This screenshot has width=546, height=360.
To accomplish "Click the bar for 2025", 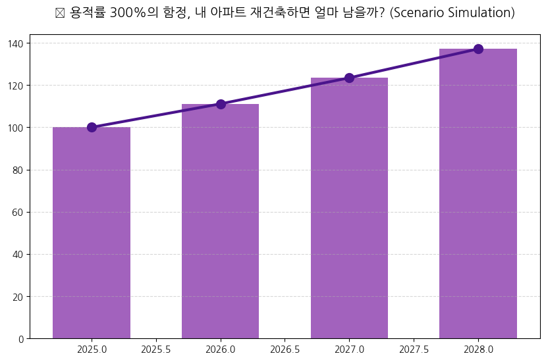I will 92,233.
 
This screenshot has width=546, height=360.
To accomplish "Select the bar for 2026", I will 221,221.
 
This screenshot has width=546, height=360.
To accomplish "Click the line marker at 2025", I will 92,127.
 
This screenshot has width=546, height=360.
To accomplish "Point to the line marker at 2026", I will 221,104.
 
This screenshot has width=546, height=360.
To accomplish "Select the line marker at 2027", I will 349,78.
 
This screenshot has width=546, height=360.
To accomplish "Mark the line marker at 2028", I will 478,49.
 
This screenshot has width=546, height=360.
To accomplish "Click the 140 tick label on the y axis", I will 16,43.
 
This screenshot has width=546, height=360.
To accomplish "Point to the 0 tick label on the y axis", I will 22,339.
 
